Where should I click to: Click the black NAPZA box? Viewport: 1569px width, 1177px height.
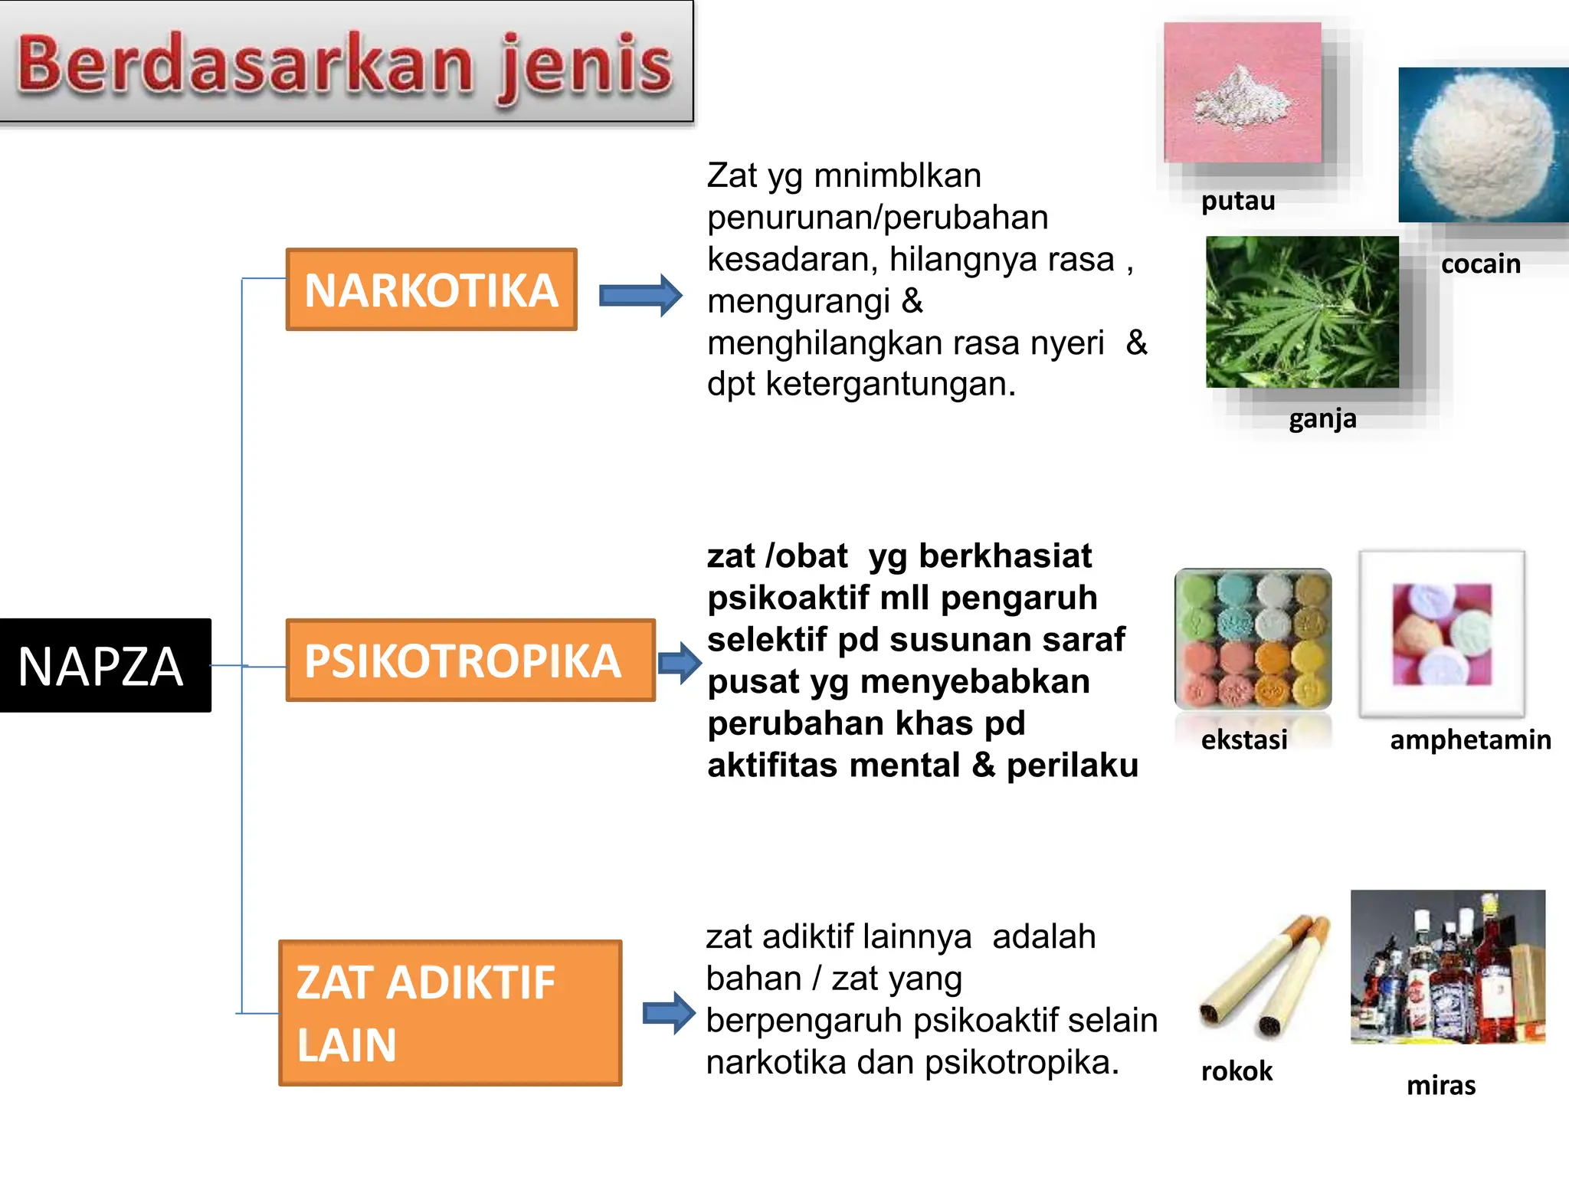pos(105,665)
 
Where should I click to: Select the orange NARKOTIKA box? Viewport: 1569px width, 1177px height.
pos(431,290)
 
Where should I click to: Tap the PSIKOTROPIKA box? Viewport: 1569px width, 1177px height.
pos(470,661)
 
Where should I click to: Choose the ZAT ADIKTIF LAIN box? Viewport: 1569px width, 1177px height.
pos(450,1012)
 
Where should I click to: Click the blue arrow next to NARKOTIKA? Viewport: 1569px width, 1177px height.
pos(640,295)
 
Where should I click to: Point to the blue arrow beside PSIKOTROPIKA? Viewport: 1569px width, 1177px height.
pos(679,662)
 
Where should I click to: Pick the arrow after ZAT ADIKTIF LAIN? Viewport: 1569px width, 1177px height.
pos(668,1013)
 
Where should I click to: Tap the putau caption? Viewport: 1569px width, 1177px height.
pos(1237,201)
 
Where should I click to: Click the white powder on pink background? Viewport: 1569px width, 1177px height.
pos(1242,93)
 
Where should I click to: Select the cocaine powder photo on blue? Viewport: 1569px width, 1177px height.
pos(1483,145)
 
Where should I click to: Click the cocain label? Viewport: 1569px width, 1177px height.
pos(1480,264)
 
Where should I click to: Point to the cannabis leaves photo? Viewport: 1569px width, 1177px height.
pos(1302,312)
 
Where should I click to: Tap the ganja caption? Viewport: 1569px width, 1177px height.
pos(1322,419)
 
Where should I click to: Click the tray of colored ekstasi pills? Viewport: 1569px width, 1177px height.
pos(1253,638)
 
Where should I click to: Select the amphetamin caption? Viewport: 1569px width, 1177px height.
pos(1469,740)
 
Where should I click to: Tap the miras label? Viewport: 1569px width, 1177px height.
pos(1440,1086)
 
